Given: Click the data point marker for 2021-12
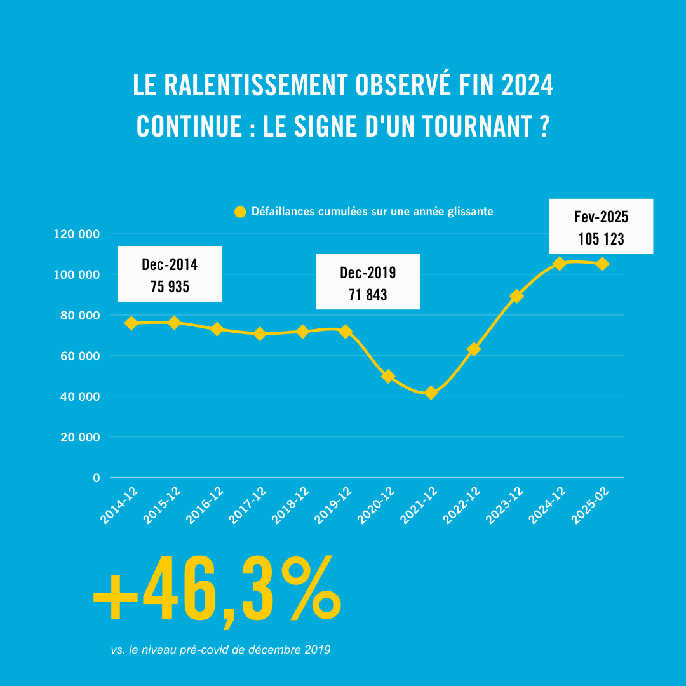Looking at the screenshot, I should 431,393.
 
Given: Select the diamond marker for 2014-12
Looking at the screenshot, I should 131,323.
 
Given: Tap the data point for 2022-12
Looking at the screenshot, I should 473,349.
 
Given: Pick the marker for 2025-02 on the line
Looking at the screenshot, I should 603,264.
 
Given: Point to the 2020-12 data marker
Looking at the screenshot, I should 388,376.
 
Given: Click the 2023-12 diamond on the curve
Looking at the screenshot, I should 516,296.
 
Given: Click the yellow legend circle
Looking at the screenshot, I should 239,212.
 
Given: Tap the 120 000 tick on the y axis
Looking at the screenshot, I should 77,234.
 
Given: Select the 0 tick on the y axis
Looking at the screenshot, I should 97,478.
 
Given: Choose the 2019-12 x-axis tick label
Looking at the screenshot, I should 334,506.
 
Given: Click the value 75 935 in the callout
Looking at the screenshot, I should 170,286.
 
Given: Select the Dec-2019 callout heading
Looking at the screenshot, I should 368,272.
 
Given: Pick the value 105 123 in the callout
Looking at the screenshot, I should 601,239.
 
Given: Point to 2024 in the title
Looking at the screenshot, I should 527,86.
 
